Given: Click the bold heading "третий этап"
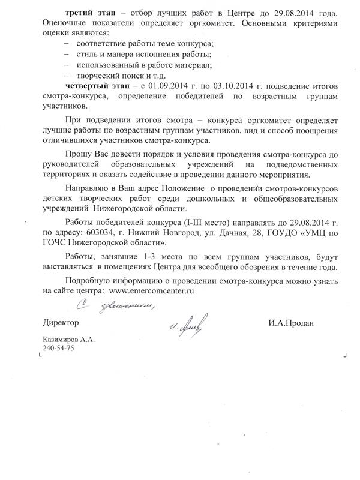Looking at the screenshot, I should tap(89, 13).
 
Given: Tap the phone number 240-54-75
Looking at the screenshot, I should tap(58, 349).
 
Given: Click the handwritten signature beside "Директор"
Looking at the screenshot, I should tap(188, 327).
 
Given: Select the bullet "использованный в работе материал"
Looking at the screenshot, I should tap(137, 64).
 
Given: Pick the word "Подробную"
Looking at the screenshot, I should tap(91, 279).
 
